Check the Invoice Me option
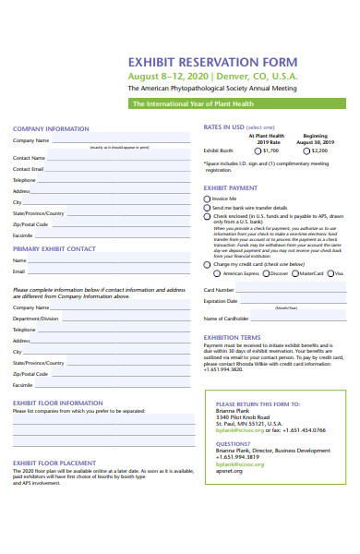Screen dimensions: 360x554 [208, 199]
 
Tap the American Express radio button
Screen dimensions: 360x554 [217, 273]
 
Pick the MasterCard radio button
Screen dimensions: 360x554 [294, 273]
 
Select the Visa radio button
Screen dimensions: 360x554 [330, 273]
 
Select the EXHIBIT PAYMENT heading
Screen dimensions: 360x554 [231, 187]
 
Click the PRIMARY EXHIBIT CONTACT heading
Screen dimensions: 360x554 [54, 249]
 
